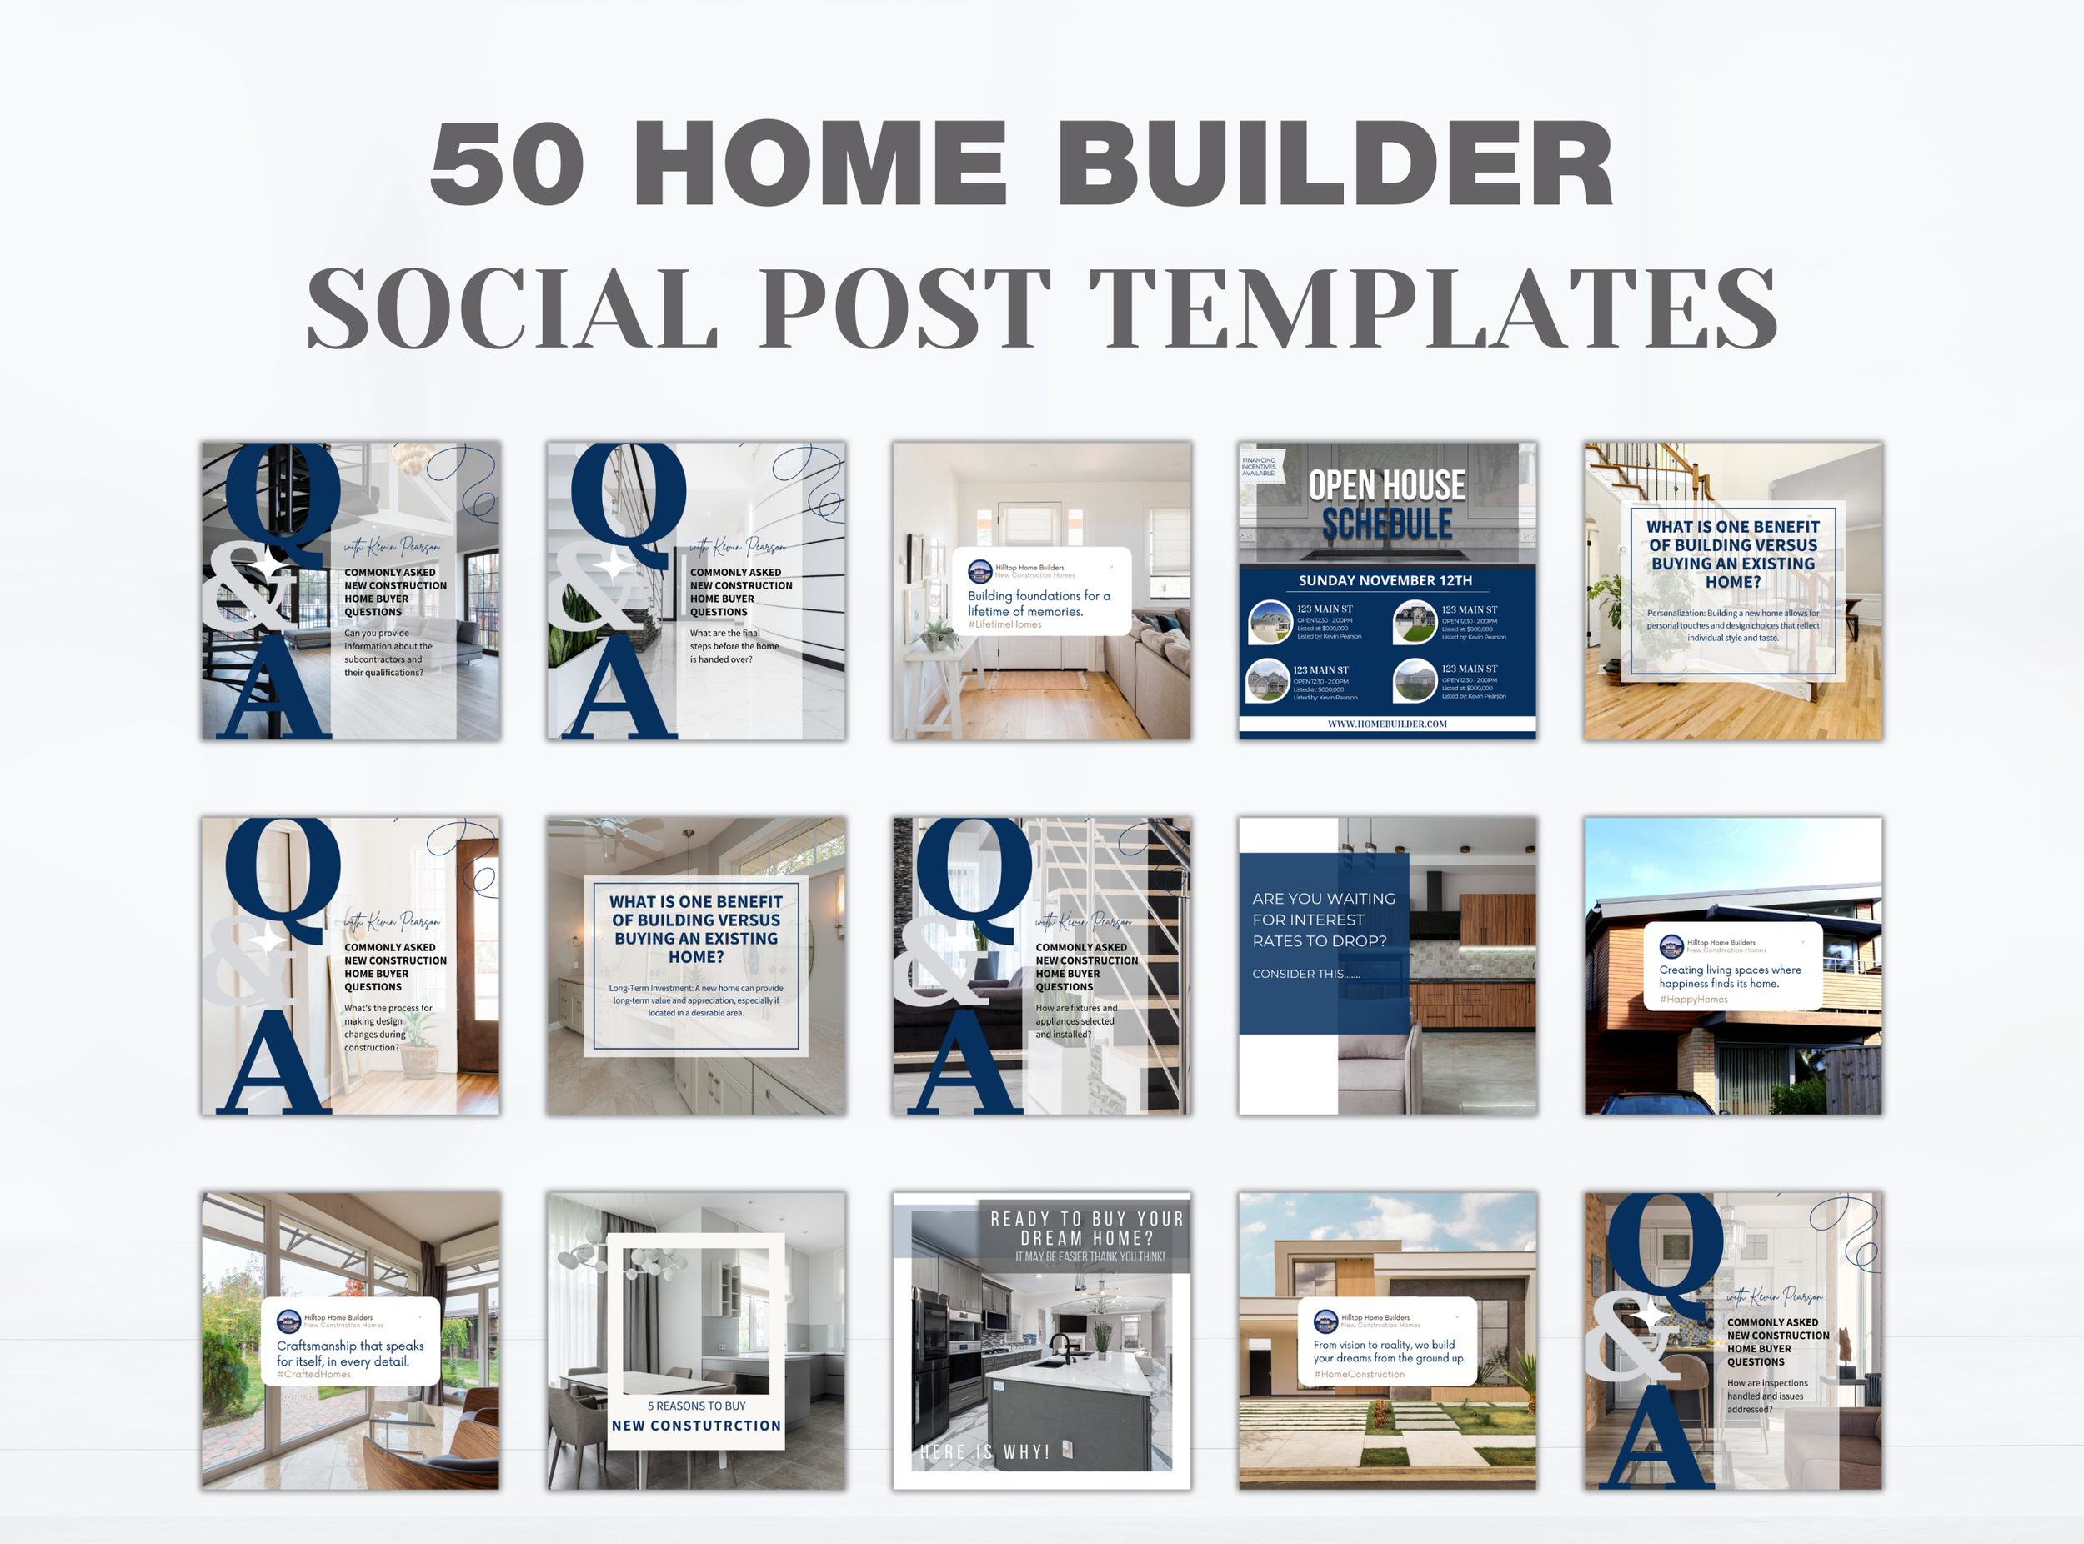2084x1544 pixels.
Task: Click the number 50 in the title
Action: pos(508,163)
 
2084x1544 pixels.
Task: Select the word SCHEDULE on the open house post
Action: pos(1387,524)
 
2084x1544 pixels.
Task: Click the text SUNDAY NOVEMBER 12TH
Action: pos(1385,580)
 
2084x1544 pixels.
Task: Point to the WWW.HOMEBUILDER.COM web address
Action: pos(1387,724)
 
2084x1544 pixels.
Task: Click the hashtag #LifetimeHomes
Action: pos(1004,624)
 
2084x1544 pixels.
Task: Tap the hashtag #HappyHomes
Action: pos(1693,999)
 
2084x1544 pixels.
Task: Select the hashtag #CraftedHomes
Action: pos(314,1374)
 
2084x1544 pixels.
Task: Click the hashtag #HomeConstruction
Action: pos(1359,1374)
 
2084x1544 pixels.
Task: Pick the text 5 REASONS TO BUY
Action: pos(696,1406)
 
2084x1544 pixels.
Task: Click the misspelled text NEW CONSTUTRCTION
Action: pos(696,1426)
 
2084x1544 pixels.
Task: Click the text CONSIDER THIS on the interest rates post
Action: pos(1305,974)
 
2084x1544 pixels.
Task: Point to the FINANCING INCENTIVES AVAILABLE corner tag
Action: pos(1259,465)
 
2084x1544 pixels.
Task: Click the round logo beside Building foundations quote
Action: pos(979,570)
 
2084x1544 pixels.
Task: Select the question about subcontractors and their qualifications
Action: pos(388,653)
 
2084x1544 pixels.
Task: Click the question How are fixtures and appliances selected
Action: pos(1075,1020)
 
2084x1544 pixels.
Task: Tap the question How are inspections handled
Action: pos(1766,1396)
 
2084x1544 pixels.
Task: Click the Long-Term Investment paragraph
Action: pos(696,1000)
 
